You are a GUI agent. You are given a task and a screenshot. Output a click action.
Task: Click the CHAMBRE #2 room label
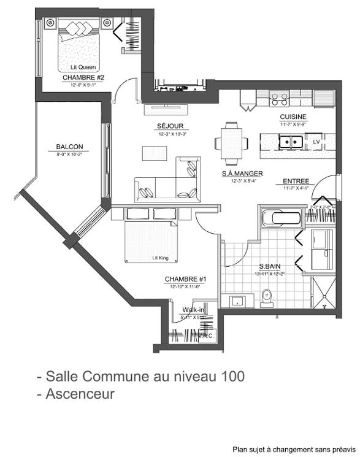point(83,78)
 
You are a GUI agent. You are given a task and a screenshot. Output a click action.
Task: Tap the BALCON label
point(69,147)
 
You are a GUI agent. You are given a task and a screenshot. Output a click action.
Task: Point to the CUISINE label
point(293,117)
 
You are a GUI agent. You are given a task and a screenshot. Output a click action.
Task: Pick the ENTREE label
point(296,182)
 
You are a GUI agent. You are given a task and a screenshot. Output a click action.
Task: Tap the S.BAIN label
point(270,266)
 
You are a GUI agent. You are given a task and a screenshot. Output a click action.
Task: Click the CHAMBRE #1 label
point(186,279)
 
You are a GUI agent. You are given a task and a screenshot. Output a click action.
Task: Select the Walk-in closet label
point(191,310)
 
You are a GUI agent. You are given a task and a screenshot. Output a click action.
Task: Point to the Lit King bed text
point(161,258)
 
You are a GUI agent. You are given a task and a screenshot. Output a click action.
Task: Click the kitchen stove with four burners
point(280,98)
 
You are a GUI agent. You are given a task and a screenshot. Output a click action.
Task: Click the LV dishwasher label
point(316,142)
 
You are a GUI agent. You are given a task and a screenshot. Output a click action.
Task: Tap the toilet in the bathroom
point(266,297)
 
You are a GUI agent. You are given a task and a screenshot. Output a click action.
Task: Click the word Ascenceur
point(80,394)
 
